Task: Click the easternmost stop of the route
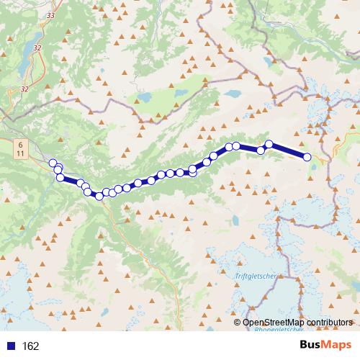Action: (x=307, y=157)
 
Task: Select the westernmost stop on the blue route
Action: (x=53, y=163)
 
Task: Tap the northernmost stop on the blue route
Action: (x=269, y=144)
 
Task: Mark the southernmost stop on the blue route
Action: (x=99, y=197)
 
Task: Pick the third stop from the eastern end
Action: (x=261, y=150)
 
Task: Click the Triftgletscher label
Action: (x=255, y=276)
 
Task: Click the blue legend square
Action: (x=11, y=346)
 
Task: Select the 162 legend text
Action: (x=30, y=346)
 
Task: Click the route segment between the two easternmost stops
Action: (x=288, y=150)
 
